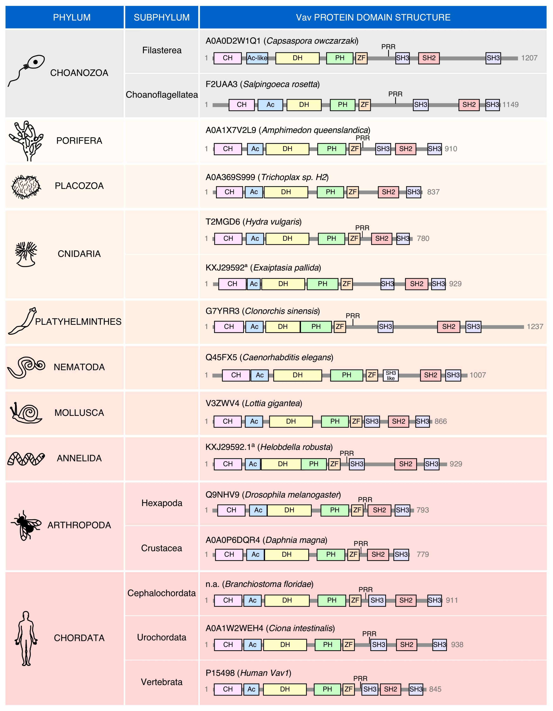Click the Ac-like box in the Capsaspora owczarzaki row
(x=257, y=58)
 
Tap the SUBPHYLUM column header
(x=161, y=17)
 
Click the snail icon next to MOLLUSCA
(x=26, y=413)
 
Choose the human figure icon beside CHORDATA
(x=26, y=638)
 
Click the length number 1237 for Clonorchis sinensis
(x=535, y=326)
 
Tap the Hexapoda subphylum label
(x=161, y=503)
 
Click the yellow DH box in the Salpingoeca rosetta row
(x=304, y=104)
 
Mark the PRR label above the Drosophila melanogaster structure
(x=365, y=499)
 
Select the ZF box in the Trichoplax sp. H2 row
(x=352, y=192)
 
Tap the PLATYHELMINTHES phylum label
(x=78, y=322)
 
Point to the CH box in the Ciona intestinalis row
(x=228, y=645)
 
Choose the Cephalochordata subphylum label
(x=161, y=593)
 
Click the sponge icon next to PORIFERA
(x=26, y=141)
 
